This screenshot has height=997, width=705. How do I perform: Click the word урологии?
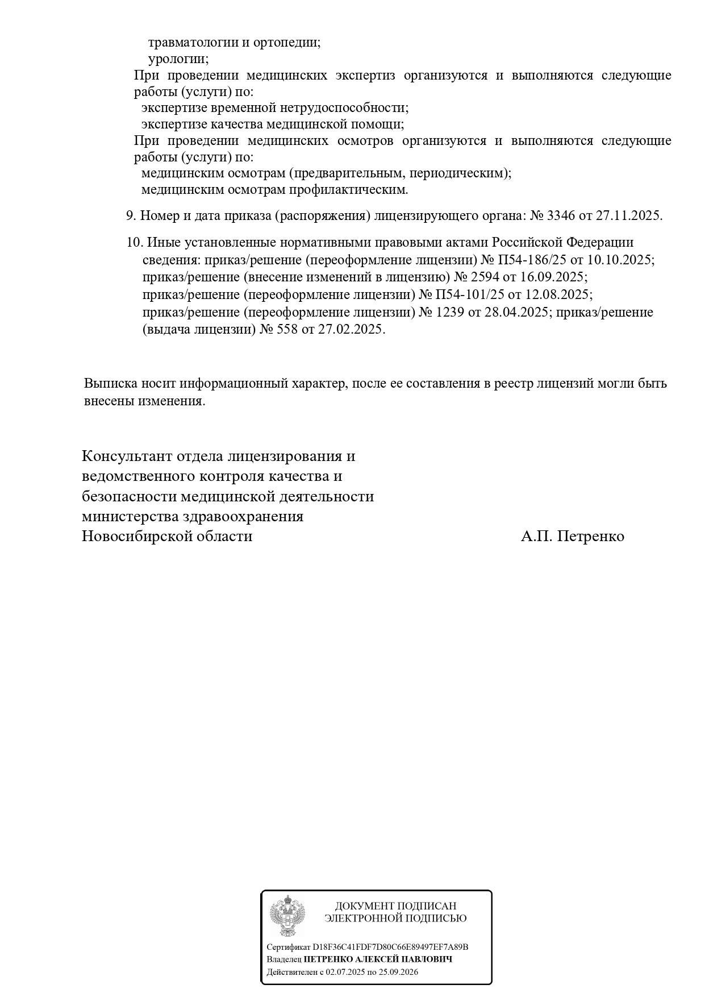pos(178,59)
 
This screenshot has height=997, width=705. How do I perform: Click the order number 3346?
pos(562,216)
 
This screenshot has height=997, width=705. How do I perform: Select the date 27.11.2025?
pos(628,216)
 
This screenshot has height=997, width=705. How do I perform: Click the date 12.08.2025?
pos(559,295)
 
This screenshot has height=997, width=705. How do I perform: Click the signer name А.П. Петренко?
pos(572,536)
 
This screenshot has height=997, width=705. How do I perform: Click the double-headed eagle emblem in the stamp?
pos(287,916)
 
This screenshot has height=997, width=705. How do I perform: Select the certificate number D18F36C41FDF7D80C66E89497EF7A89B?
pos(390,947)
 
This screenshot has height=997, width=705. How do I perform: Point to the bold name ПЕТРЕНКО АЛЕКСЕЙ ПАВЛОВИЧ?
pos(378,959)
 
